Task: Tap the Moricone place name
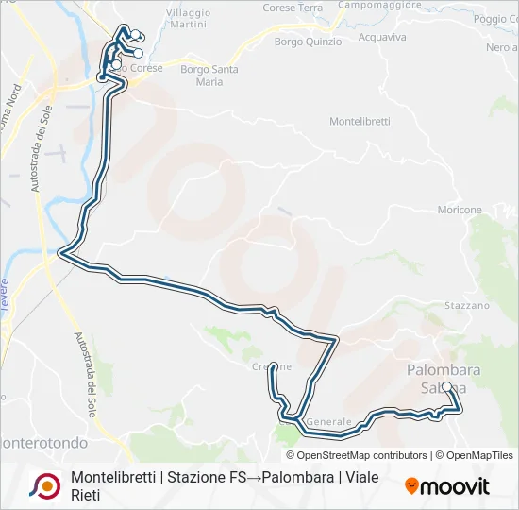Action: click(459, 210)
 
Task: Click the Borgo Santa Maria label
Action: click(209, 75)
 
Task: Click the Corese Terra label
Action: click(293, 8)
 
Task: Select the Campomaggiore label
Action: click(377, 5)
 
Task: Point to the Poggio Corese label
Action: click(497, 19)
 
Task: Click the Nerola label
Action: click(501, 47)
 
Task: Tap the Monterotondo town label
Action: click(43, 442)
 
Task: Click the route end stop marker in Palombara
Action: click(446, 386)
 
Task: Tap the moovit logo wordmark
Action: click(456, 486)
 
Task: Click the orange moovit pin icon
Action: click(411, 486)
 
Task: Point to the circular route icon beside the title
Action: click(43, 484)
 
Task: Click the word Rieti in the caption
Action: click(85, 495)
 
